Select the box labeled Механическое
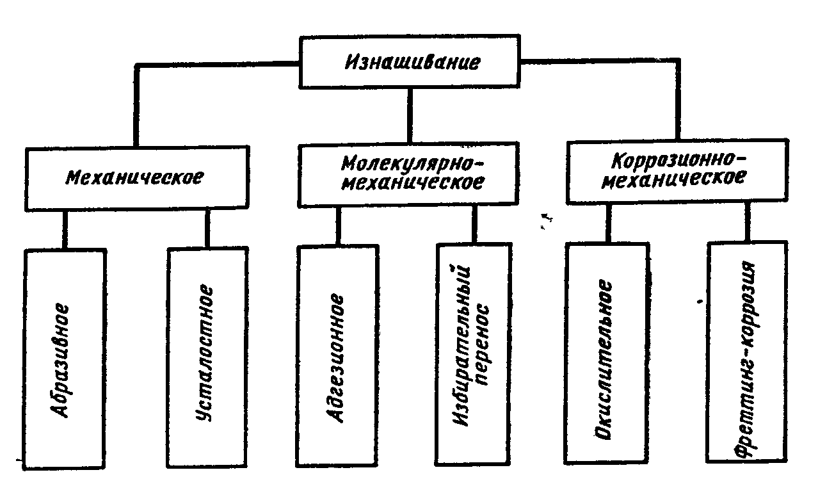[135, 177]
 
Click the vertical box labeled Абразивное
[64, 359]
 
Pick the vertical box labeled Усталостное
[207, 359]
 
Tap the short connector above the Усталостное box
[207, 227]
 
